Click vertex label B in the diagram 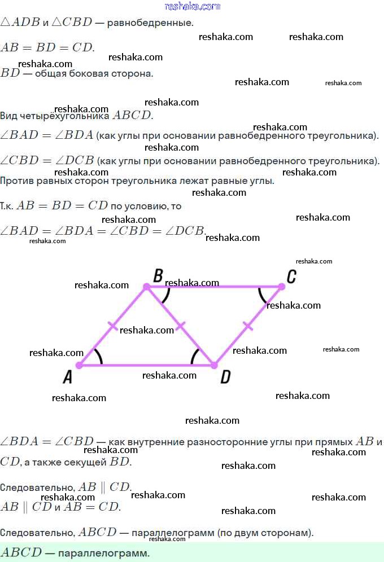[x=158, y=276]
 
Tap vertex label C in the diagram [x=291, y=276]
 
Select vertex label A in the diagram [x=68, y=377]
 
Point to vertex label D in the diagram [x=225, y=377]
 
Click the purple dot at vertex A [x=80, y=365]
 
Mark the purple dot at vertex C [x=282, y=287]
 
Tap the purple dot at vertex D [x=214, y=365]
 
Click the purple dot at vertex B [x=146, y=287]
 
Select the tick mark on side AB [x=112, y=326]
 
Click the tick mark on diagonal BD [x=181, y=326]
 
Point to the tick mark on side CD [x=248, y=326]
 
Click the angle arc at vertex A [x=99, y=357]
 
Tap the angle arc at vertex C [x=261, y=296]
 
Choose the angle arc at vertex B [x=167, y=295]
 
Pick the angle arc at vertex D [x=195, y=355]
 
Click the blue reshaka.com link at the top [x=193, y=6]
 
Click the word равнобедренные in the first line [x=150, y=23]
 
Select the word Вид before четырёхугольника [x=9, y=116]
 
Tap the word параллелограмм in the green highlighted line [x=103, y=553]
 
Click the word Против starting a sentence [x=17, y=181]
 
